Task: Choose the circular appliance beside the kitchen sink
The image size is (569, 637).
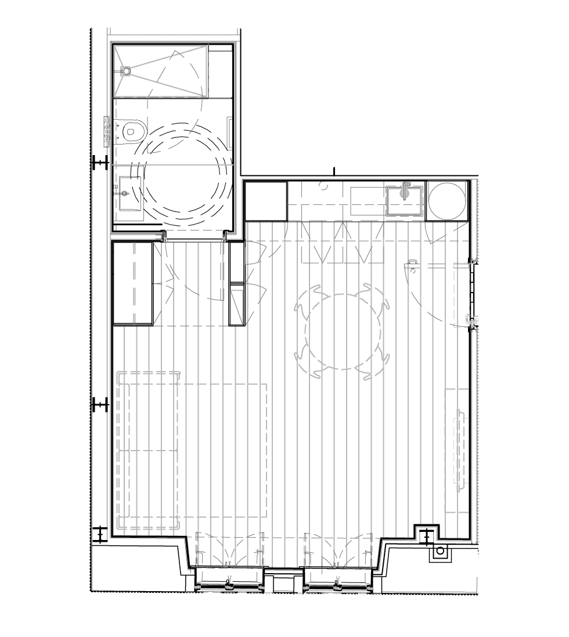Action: click(446, 201)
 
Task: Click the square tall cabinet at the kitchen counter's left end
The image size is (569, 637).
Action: click(267, 201)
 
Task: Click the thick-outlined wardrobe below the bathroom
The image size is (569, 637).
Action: click(133, 283)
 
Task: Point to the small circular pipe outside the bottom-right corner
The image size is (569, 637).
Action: click(440, 550)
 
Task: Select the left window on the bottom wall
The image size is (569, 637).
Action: click(228, 581)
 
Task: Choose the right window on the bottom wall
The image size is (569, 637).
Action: click(337, 581)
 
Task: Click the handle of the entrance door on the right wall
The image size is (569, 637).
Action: click(473, 319)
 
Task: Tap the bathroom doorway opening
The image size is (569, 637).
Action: click(194, 237)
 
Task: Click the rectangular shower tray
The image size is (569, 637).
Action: click(161, 70)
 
